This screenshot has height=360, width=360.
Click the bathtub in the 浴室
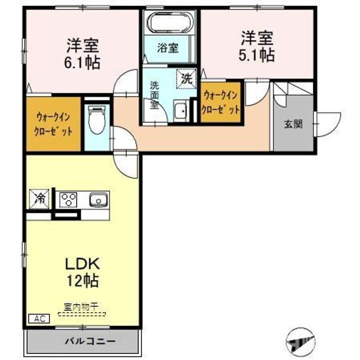point(168,22)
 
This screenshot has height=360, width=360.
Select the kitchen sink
point(98,200)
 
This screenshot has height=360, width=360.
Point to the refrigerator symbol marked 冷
point(39,198)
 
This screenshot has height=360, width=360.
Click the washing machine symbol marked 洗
point(185,77)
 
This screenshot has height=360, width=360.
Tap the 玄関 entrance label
point(293,124)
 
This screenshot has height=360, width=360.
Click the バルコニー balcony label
point(90,341)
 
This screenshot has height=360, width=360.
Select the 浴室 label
point(168,48)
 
